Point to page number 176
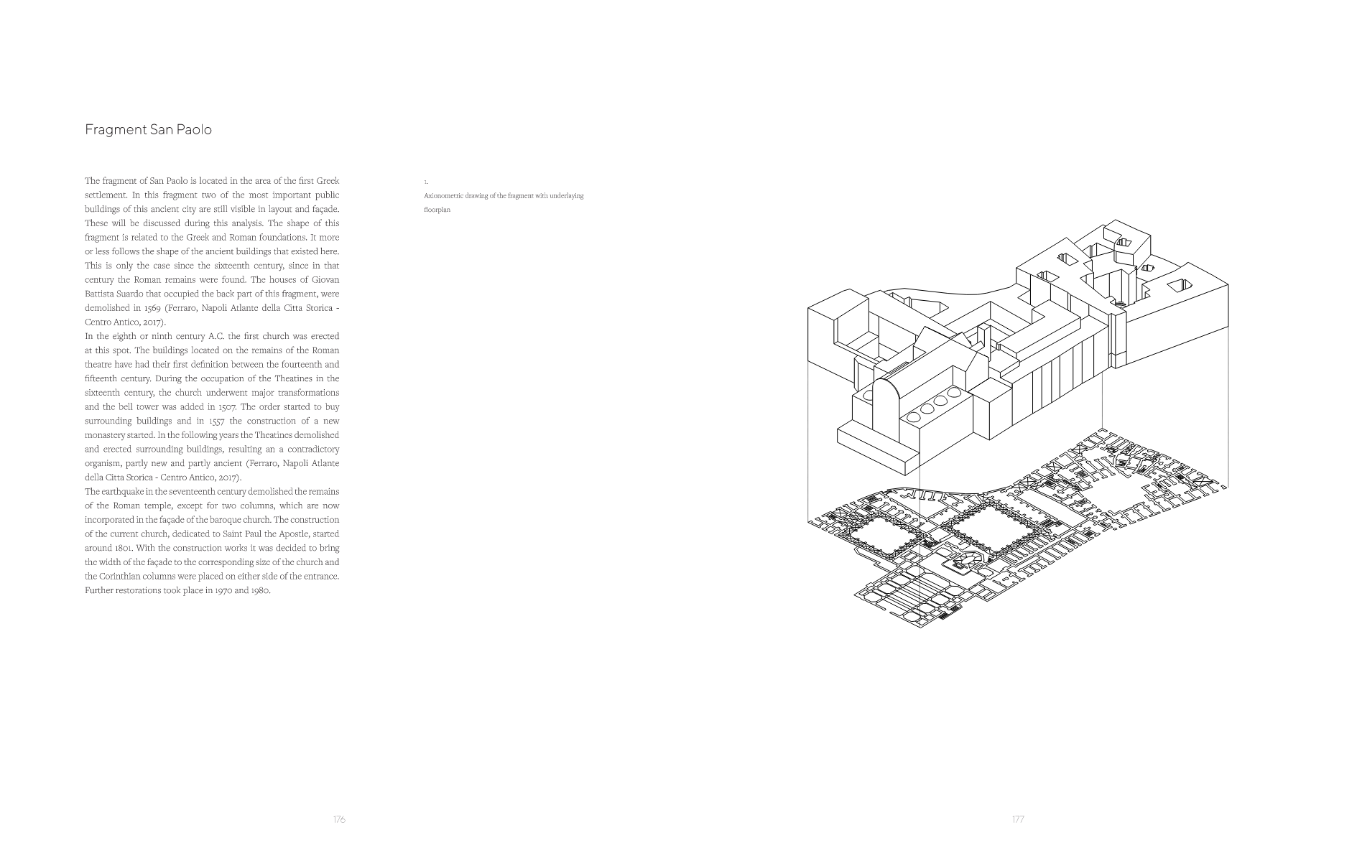point(339,819)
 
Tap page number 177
point(1018,819)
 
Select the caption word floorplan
point(437,210)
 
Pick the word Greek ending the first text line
point(328,181)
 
